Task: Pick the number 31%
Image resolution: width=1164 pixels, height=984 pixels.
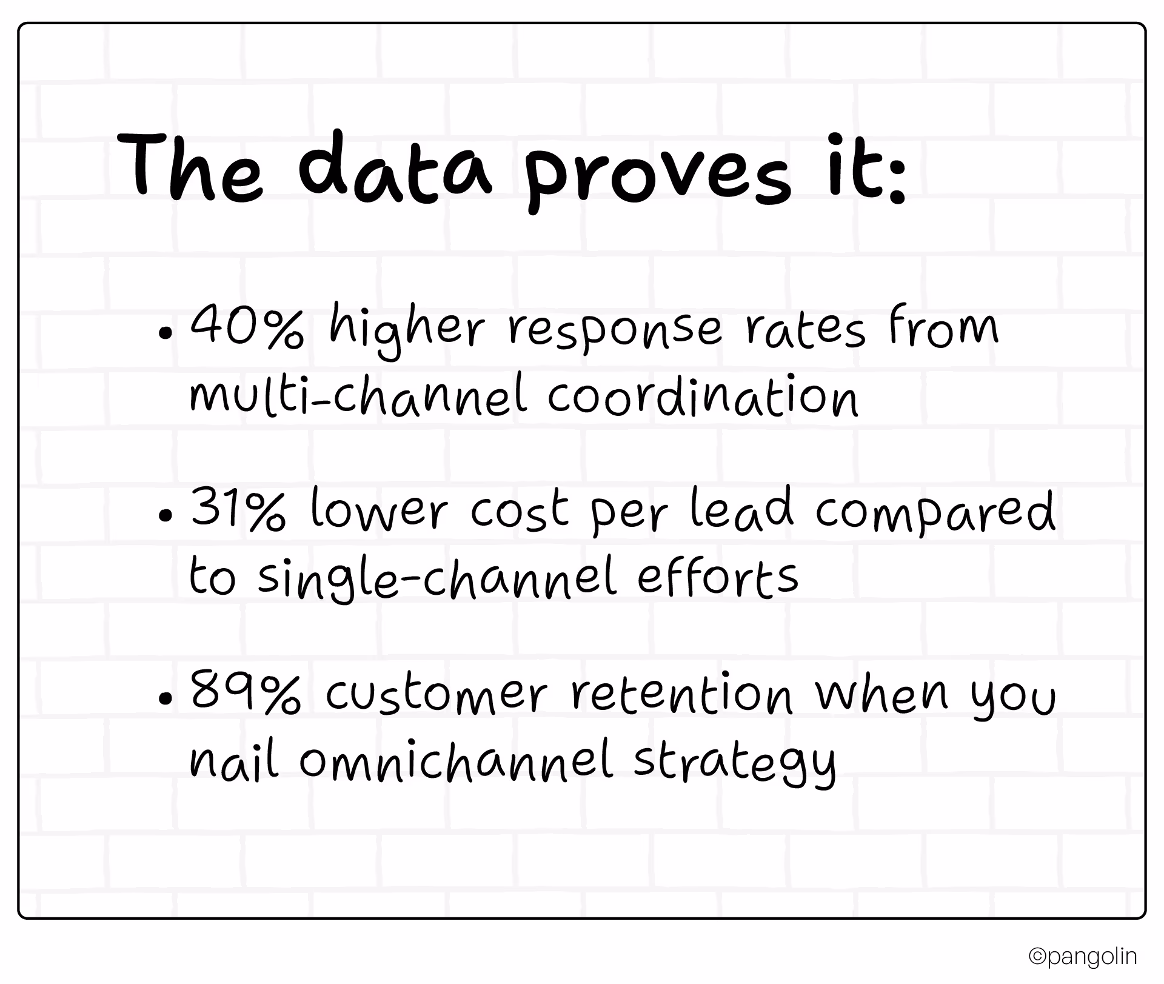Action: click(x=238, y=510)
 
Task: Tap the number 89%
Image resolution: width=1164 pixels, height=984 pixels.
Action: click(x=246, y=692)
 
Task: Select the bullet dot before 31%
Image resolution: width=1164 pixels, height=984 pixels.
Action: click(x=164, y=515)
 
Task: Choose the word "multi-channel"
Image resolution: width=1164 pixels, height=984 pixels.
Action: click(x=358, y=396)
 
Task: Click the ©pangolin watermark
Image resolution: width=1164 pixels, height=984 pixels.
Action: click(x=1082, y=957)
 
